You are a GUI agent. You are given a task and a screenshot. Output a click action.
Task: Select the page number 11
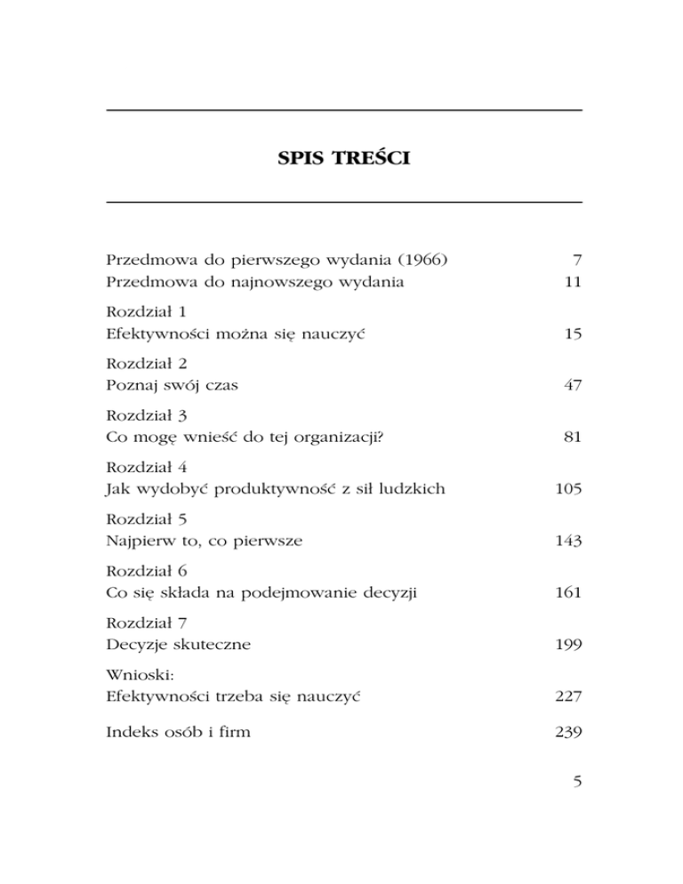click(572, 283)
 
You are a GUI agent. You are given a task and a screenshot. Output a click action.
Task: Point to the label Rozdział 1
click(143, 312)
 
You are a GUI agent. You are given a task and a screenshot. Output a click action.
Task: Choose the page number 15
click(571, 334)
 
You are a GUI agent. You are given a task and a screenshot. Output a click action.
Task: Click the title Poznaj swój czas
click(172, 386)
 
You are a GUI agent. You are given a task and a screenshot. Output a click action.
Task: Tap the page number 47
click(571, 386)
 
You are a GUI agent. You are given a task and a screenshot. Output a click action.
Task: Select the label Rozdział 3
click(143, 415)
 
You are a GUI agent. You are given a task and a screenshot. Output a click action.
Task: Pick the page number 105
click(566, 489)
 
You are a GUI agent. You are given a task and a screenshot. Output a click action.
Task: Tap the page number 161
click(566, 592)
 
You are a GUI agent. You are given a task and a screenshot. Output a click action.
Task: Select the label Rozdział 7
click(143, 622)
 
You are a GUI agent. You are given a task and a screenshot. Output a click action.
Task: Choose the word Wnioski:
click(134, 673)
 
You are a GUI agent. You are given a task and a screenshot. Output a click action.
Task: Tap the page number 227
click(566, 695)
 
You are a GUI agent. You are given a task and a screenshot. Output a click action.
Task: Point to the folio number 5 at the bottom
click(576, 784)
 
